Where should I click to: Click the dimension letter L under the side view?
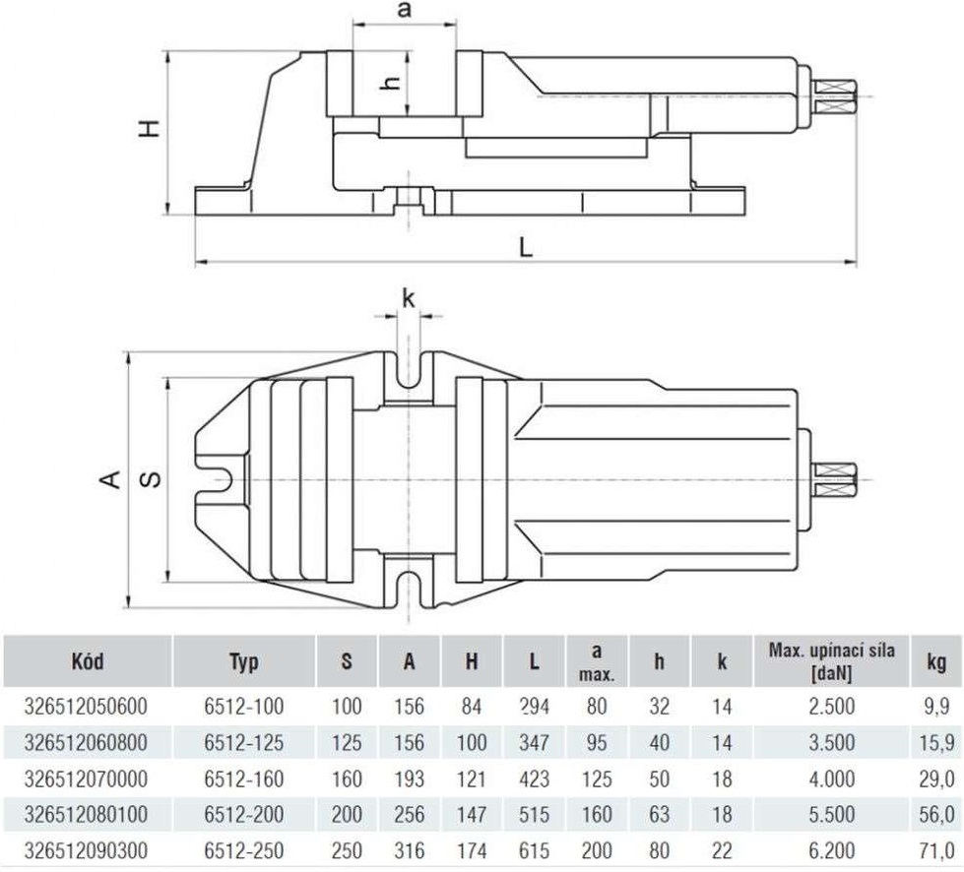526,247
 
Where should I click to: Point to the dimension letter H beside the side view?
149,128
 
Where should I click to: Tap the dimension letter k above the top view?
409,299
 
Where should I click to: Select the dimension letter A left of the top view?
110,478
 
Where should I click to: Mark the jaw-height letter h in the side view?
389,82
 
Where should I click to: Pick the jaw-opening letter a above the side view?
405,11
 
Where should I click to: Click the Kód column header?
88,661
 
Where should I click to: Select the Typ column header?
244,662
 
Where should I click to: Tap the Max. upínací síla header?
832,661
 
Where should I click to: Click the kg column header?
936,662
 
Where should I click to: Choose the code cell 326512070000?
86,779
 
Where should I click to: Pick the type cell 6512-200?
244,814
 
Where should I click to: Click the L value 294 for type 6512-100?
535,707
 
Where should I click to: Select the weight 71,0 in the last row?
937,850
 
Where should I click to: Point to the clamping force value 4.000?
832,779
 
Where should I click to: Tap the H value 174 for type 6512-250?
472,850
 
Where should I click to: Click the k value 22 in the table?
722,850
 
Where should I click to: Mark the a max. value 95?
597,742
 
